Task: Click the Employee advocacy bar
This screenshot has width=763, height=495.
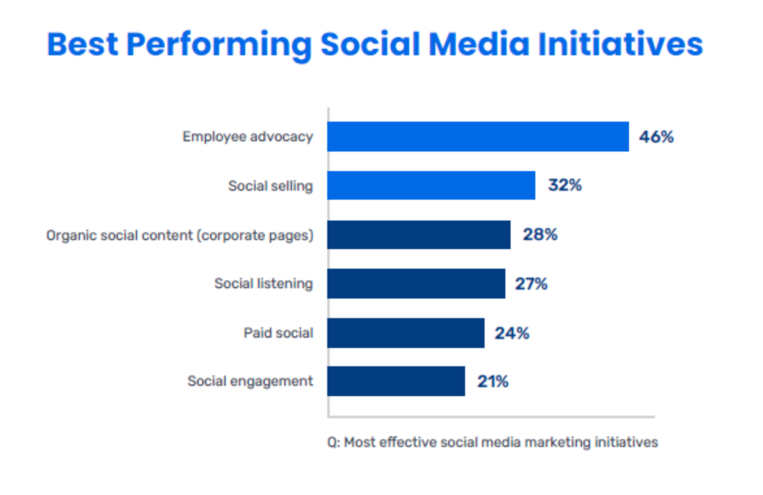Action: click(477, 137)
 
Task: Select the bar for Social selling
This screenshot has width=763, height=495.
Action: click(431, 185)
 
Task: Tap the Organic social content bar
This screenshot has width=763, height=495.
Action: click(418, 235)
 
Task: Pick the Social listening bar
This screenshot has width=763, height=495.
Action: click(416, 284)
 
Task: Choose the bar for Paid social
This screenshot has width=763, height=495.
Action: click(405, 333)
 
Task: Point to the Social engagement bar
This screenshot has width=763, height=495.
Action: click(395, 381)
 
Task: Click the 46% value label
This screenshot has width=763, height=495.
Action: click(656, 137)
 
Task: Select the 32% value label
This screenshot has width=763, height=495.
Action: click(564, 185)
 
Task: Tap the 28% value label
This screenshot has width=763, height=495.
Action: click(540, 235)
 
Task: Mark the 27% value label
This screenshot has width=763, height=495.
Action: click(531, 284)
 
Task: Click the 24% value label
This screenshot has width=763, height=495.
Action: click(512, 334)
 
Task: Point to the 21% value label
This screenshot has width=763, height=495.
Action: click(492, 382)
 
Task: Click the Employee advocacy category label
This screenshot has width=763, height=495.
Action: click(247, 137)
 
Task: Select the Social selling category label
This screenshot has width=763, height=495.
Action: click(270, 186)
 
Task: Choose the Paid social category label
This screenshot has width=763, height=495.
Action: click(278, 333)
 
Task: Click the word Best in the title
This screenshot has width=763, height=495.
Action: click(82, 45)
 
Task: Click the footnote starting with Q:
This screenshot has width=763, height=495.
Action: click(492, 442)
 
